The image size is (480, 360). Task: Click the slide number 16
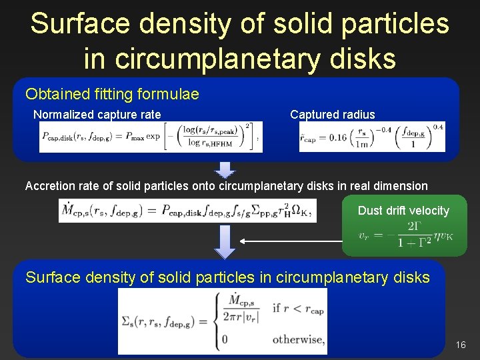[x=461, y=345]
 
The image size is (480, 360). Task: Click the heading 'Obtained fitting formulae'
[x=112, y=95]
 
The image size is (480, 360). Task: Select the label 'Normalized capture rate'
[x=97, y=115]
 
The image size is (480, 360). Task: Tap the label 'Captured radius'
[x=333, y=115]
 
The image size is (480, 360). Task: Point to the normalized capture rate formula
[x=151, y=137]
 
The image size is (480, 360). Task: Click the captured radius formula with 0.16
[x=371, y=137]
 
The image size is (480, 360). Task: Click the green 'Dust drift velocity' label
[x=403, y=211]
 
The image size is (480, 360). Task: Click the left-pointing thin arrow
[x=290, y=241]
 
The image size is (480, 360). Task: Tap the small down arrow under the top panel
[x=225, y=169]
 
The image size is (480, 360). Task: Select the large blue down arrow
[x=225, y=241]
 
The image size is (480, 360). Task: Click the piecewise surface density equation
[x=223, y=321]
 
